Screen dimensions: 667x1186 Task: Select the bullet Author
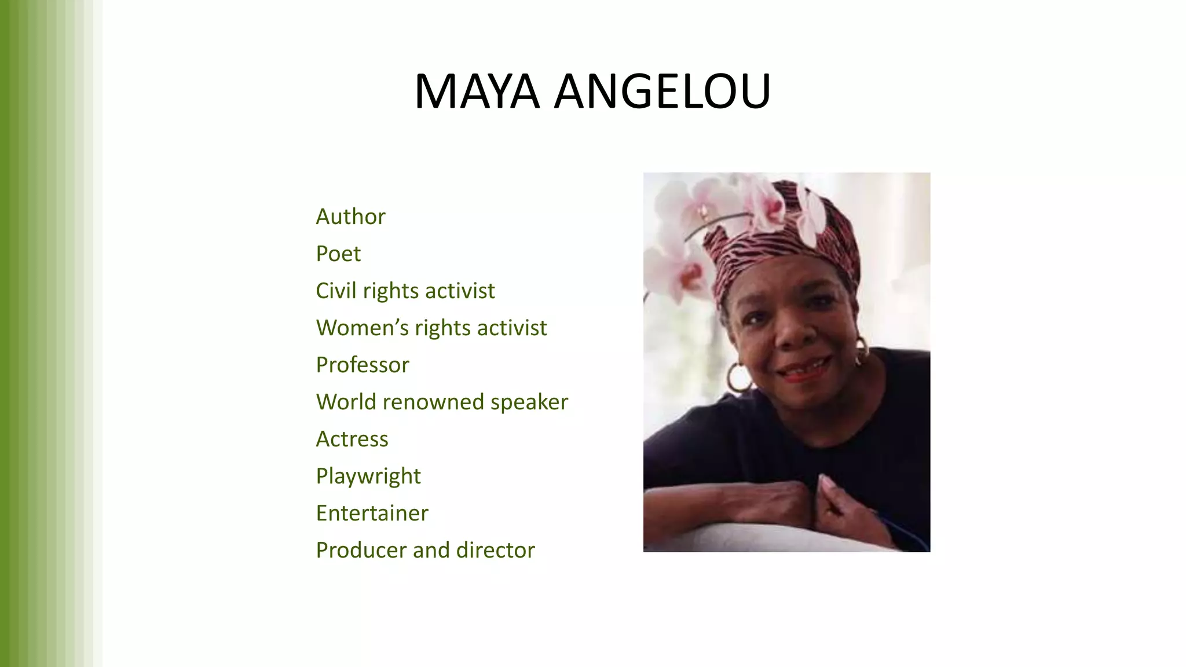click(350, 217)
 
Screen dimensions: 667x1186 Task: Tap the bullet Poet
click(338, 254)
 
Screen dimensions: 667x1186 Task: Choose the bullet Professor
click(363, 365)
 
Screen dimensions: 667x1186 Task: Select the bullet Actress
click(352, 439)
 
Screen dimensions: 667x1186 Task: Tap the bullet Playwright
click(368, 476)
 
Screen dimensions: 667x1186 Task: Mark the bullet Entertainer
click(372, 513)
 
